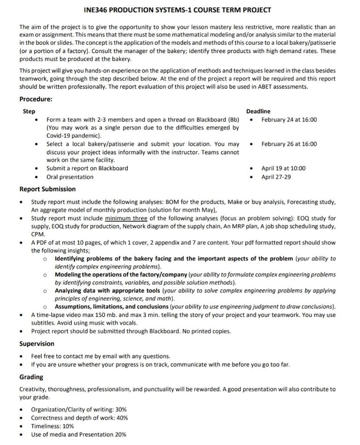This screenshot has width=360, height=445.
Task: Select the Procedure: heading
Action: point(36,99)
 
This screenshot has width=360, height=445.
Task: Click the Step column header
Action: point(29,111)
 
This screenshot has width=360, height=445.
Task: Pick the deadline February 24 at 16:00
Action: point(289,120)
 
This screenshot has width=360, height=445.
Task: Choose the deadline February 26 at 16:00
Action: point(289,144)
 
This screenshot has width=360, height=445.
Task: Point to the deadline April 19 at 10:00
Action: point(283,168)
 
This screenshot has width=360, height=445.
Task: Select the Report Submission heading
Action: point(47,189)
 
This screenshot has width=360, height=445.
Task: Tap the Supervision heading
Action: point(37,344)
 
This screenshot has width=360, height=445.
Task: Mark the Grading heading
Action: point(31,377)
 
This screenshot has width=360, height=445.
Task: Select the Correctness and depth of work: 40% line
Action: point(79,418)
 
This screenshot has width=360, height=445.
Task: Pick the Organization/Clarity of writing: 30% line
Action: point(79,409)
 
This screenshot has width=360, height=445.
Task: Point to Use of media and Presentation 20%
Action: point(78,434)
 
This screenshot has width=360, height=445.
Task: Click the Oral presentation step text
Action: point(70,177)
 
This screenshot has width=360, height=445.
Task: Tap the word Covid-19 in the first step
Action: point(59,136)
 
